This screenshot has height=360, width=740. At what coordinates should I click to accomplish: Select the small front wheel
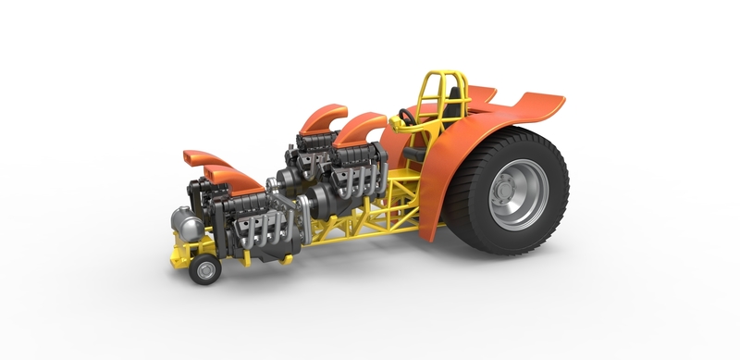pos(204,270)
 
